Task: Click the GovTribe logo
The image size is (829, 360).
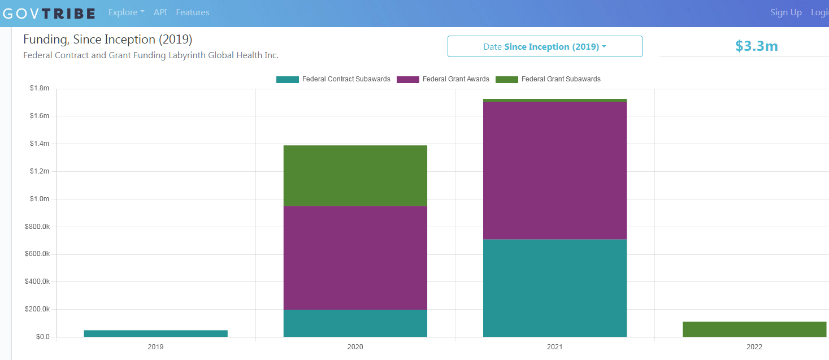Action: click(49, 14)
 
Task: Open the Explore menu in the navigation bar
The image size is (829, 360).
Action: click(126, 12)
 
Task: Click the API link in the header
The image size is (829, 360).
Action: click(160, 12)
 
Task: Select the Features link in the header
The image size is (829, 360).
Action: click(193, 12)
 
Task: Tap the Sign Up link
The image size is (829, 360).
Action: click(785, 12)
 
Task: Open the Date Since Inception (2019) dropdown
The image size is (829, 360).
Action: click(545, 46)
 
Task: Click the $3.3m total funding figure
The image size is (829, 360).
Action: click(757, 46)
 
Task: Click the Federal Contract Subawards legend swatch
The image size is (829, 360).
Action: click(288, 79)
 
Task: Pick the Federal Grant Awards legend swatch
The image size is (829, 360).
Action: click(408, 79)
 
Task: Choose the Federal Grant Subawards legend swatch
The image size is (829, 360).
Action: click(507, 79)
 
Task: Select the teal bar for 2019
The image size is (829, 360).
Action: click(156, 333)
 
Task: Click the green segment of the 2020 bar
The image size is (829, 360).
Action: click(355, 176)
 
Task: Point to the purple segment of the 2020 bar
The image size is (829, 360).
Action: click(355, 258)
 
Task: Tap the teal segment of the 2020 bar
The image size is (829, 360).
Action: click(355, 323)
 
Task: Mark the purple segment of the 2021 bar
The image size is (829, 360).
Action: click(555, 171)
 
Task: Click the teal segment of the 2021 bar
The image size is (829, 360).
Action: click(555, 288)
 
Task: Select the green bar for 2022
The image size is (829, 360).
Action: click(754, 329)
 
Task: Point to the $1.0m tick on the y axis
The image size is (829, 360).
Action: click(40, 199)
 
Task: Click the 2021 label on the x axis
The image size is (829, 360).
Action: click(554, 346)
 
